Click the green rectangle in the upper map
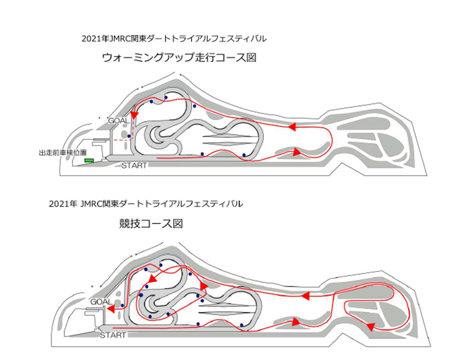coord(89,160)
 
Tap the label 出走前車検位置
coord(63,153)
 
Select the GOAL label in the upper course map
coord(119,121)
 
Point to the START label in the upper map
coord(134,166)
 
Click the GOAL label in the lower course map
coord(101,302)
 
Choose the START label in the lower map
coord(113,335)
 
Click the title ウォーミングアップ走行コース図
coord(179,57)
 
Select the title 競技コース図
coord(151,224)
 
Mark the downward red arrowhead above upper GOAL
coord(135,114)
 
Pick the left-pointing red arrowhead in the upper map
coord(292,127)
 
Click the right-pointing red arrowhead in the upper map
coord(297,152)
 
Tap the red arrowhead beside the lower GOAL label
coord(111,309)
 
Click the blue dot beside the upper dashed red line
coord(129,136)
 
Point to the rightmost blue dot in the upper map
coord(244,155)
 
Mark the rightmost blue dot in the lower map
coord(241,325)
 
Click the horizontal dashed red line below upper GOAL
coord(122,140)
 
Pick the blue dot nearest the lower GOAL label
coord(122,305)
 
